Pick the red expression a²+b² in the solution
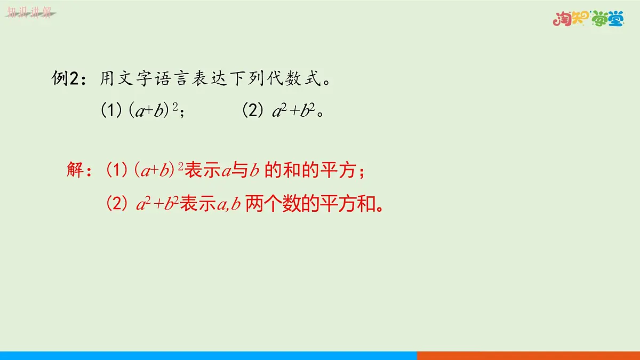click(158, 205)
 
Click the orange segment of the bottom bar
click(528, 355)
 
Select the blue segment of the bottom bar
click(208, 355)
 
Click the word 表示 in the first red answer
click(202, 171)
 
